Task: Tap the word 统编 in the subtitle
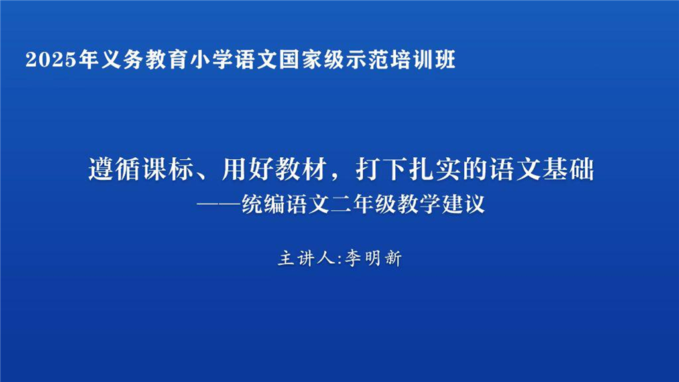260,204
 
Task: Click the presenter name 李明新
372,258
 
